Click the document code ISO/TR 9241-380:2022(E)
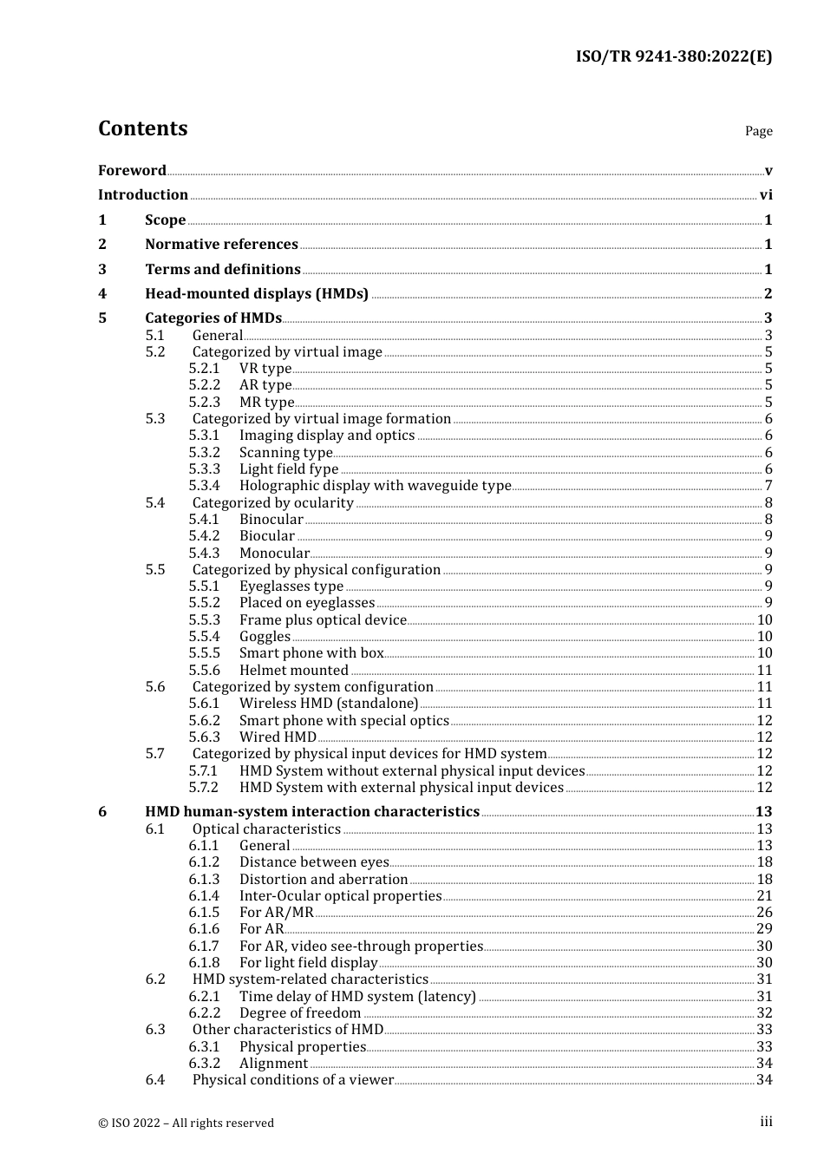[x=673, y=57]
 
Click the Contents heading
[x=142, y=128]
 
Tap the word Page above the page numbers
[x=758, y=131]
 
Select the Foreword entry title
[x=132, y=171]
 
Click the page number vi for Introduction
[x=765, y=195]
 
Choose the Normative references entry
[x=221, y=245]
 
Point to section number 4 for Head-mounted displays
[x=102, y=294]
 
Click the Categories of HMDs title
[x=213, y=318]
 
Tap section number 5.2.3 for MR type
[x=205, y=403]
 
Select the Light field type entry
[x=289, y=469]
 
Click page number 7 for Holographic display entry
[x=768, y=486]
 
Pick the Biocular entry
[x=267, y=536]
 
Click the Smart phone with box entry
[x=311, y=653]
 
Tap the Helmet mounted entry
[x=294, y=671]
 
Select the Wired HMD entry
[x=278, y=737]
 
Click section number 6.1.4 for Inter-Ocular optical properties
[x=205, y=896]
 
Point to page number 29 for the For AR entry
[x=763, y=929]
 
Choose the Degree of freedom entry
[x=300, y=1013]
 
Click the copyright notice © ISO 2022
[x=186, y=1123]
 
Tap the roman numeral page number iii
[x=766, y=1122]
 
